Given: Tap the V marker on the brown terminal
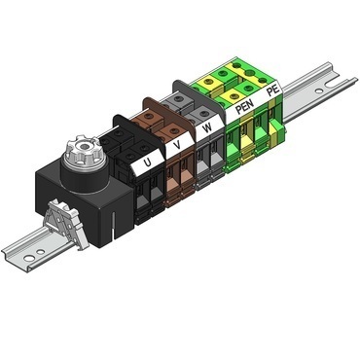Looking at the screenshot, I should [x=175, y=147].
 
